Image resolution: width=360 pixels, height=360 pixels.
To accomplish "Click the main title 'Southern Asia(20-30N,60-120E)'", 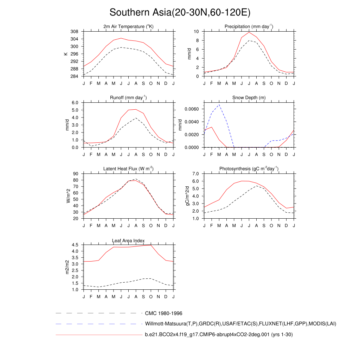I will [x=180, y=12].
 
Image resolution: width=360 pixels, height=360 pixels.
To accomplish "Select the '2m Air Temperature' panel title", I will [x=128, y=27].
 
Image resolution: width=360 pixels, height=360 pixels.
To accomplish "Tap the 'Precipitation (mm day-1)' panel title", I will [x=249, y=27].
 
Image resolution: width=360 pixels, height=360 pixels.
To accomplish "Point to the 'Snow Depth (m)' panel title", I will [x=249, y=97].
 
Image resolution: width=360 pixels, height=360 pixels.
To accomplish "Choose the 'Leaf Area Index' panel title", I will [x=128, y=240].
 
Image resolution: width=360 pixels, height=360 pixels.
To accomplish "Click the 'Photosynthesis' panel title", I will [x=249, y=169].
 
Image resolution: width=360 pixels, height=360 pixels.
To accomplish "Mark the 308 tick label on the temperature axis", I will [x=74, y=32].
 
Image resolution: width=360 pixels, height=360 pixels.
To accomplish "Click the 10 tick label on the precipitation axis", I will [x=197, y=32].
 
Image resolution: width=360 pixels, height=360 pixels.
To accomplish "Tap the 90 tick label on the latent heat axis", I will [x=76, y=174].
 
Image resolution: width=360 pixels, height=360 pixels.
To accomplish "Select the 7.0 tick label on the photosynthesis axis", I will [x=196, y=174].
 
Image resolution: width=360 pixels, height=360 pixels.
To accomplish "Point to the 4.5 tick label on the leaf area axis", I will [x=75, y=245].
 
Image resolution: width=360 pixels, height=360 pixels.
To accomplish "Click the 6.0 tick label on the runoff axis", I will [x=75, y=102].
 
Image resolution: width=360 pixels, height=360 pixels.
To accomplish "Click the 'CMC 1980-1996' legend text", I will [x=163, y=313].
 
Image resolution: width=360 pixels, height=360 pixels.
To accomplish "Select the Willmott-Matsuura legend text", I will [x=240, y=323].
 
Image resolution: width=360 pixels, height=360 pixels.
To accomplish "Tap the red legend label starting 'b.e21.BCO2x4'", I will [x=219, y=335].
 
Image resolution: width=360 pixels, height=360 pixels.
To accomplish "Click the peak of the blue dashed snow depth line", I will [x=219, y=104].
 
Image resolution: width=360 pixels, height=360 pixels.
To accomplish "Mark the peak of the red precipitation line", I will [x=249, y=32].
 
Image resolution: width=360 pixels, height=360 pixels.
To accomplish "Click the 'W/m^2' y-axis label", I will [x=68, y=196].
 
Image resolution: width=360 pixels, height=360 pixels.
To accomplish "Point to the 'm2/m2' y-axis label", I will [x=68, y=267].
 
